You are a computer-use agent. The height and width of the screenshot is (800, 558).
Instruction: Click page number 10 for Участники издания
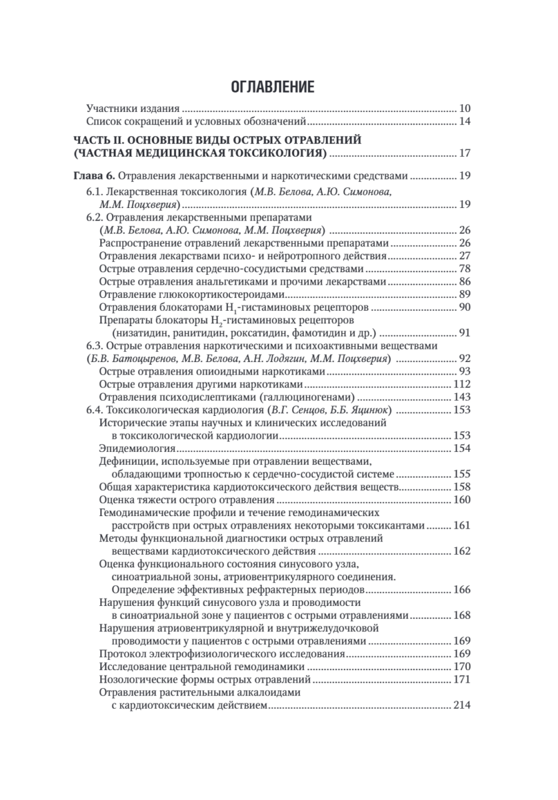pyautogui.click(x=465, y=109)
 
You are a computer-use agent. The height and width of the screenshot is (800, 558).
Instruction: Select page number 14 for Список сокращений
pyautogui.click(x=465, y=122)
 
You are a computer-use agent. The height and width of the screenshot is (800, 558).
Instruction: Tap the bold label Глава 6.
pyautogui.click(x=93, y=178)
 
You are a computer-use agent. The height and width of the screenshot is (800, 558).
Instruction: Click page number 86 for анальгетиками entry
pyautogui.click(x=465, y=281)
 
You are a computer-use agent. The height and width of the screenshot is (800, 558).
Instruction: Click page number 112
pyautogui.click(x=462, y=384)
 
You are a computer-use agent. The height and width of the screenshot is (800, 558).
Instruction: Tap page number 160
pyautogui.click(x=462, y=499)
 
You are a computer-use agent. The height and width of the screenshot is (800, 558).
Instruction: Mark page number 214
pyautogui.click(x=462, y=706)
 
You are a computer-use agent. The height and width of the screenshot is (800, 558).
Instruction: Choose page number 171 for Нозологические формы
pyautogui.click(x=462, y=680)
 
